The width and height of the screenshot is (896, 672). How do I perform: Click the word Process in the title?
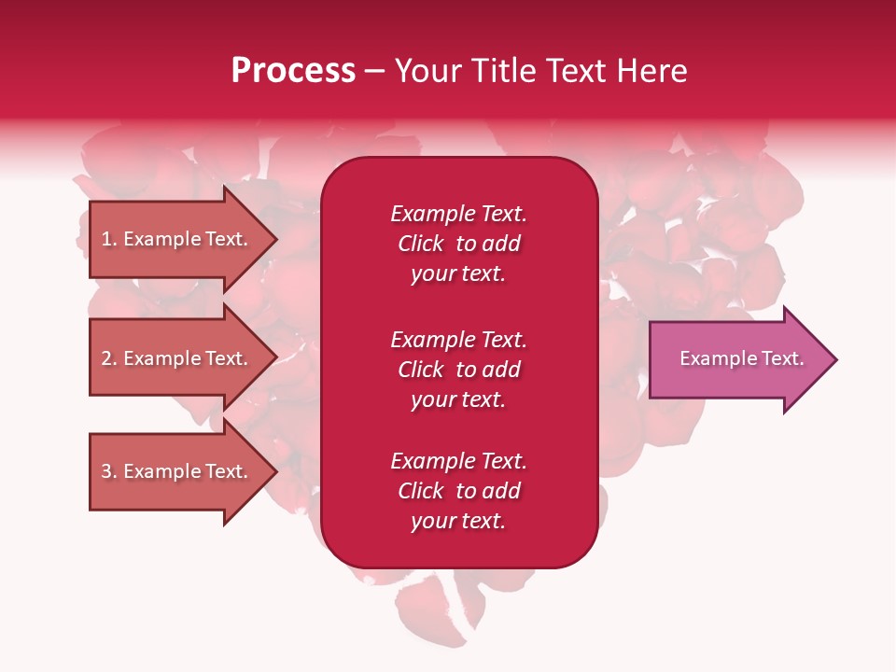[x=293, y=71]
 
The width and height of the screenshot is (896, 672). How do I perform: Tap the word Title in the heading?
[x=503, y=71]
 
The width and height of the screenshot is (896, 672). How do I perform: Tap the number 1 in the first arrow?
[x=106, y=239]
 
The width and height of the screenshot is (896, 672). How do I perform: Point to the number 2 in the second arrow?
[x=106, y=358]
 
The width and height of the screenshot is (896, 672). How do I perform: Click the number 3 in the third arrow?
[x=106, y=470]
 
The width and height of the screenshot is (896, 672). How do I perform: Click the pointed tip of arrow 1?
[x=278, y=239]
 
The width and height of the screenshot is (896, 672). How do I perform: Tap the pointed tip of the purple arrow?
[x=837, y=359]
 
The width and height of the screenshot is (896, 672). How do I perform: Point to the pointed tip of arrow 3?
[x=278, y=471]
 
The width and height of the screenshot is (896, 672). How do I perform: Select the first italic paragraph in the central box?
[x=459, y=244]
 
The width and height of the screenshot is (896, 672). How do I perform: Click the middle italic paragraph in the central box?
[x=459, y=370]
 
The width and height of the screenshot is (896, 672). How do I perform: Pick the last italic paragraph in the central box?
[x=459, y=491]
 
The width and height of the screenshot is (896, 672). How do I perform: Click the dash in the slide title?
[x=375, y=73]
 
